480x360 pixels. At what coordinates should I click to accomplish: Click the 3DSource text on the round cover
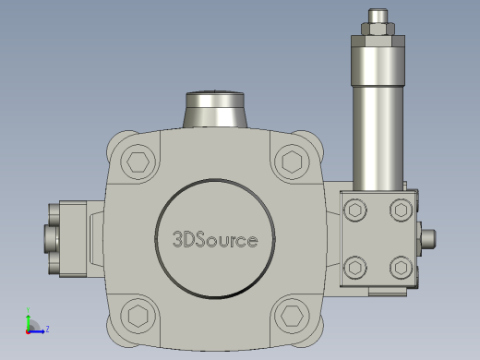215,240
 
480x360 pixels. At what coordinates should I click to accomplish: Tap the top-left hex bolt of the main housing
138,162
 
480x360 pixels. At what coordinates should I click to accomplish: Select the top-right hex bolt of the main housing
292,162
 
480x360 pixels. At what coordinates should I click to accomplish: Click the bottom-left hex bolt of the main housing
138,316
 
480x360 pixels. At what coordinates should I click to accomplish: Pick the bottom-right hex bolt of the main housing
292,316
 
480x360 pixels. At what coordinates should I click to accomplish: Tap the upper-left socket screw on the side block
355,210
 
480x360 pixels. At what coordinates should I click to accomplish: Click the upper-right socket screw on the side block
401,210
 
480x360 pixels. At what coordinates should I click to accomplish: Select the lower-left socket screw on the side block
355,268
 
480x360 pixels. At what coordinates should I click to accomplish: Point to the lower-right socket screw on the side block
401,268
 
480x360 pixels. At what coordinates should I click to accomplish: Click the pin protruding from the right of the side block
428,239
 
